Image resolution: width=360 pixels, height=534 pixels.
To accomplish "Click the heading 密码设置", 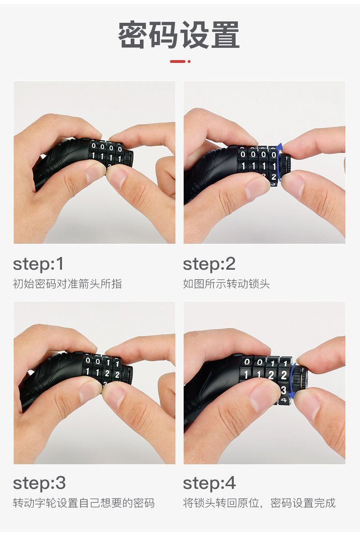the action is [x=179, y=35].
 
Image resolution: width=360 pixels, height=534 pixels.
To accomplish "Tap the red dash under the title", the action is [x=177, y=62].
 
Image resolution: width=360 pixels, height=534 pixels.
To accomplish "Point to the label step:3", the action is [x=39, y=483].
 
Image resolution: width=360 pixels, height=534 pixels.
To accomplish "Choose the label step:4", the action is [x=209, y=483].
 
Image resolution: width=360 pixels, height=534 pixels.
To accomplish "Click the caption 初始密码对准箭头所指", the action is [x=67, y=284].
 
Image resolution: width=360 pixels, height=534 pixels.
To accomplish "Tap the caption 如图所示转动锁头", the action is [x=226, y=284].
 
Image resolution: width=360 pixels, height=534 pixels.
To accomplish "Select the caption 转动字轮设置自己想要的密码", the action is [x=84, y=503].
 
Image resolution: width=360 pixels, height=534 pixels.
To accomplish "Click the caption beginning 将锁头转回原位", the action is [x=259, y=503].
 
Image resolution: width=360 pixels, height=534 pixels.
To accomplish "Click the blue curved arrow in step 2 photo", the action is [x=279, y=162].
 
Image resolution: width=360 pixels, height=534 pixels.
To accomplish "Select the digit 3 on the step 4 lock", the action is [x=283, y=390].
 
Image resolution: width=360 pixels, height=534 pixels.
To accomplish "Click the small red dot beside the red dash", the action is [x=189, y=62].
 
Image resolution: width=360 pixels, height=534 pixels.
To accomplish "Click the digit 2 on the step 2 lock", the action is [x=273, y=177].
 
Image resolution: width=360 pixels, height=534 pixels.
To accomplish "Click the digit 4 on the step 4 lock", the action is [x=283, y=400].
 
